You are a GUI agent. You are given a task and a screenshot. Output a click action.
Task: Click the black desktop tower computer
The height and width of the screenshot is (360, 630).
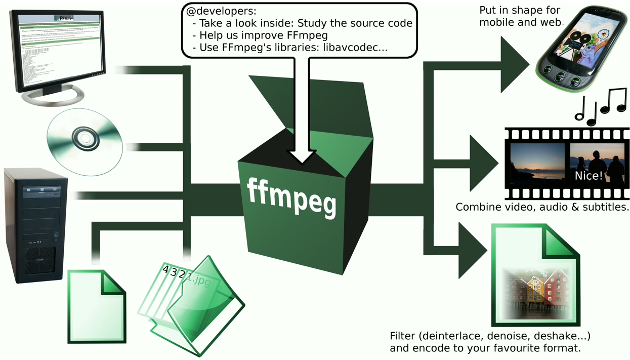[x=35, y=225]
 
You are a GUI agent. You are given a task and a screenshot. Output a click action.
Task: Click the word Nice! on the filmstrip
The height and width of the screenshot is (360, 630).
[x=589, y=176]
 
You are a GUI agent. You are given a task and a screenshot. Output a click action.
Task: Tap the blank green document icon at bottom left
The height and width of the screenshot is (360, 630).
[x=96, y=306]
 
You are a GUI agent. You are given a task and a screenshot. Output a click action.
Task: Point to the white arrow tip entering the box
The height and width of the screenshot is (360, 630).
[x=302, y=156]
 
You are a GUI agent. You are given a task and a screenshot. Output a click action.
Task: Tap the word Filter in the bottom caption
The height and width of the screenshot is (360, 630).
[x=402, y=336]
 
